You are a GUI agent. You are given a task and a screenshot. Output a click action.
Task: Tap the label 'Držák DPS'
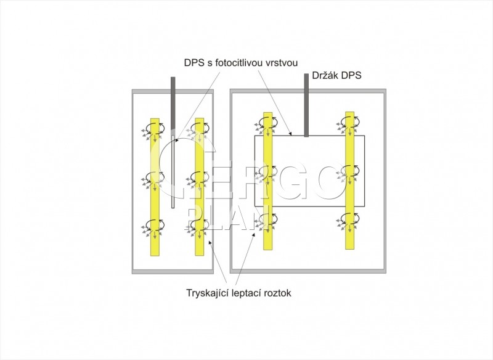click(336, 75)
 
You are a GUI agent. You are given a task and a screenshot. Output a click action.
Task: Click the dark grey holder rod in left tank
click(173, 102)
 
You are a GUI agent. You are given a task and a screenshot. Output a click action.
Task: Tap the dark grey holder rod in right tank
click(306, 105)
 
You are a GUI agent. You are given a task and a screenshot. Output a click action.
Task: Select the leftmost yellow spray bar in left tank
click(155, 187)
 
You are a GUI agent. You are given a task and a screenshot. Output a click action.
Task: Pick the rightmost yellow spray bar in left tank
click(199, 187)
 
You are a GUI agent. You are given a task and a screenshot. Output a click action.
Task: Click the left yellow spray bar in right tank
click(268, 181)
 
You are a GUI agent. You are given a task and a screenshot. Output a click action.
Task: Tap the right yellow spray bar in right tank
click(349, 181)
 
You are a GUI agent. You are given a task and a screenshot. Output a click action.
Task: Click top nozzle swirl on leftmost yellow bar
click(153, 128)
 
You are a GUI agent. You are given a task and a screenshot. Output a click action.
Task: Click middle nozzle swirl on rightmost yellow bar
click(349, 171)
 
